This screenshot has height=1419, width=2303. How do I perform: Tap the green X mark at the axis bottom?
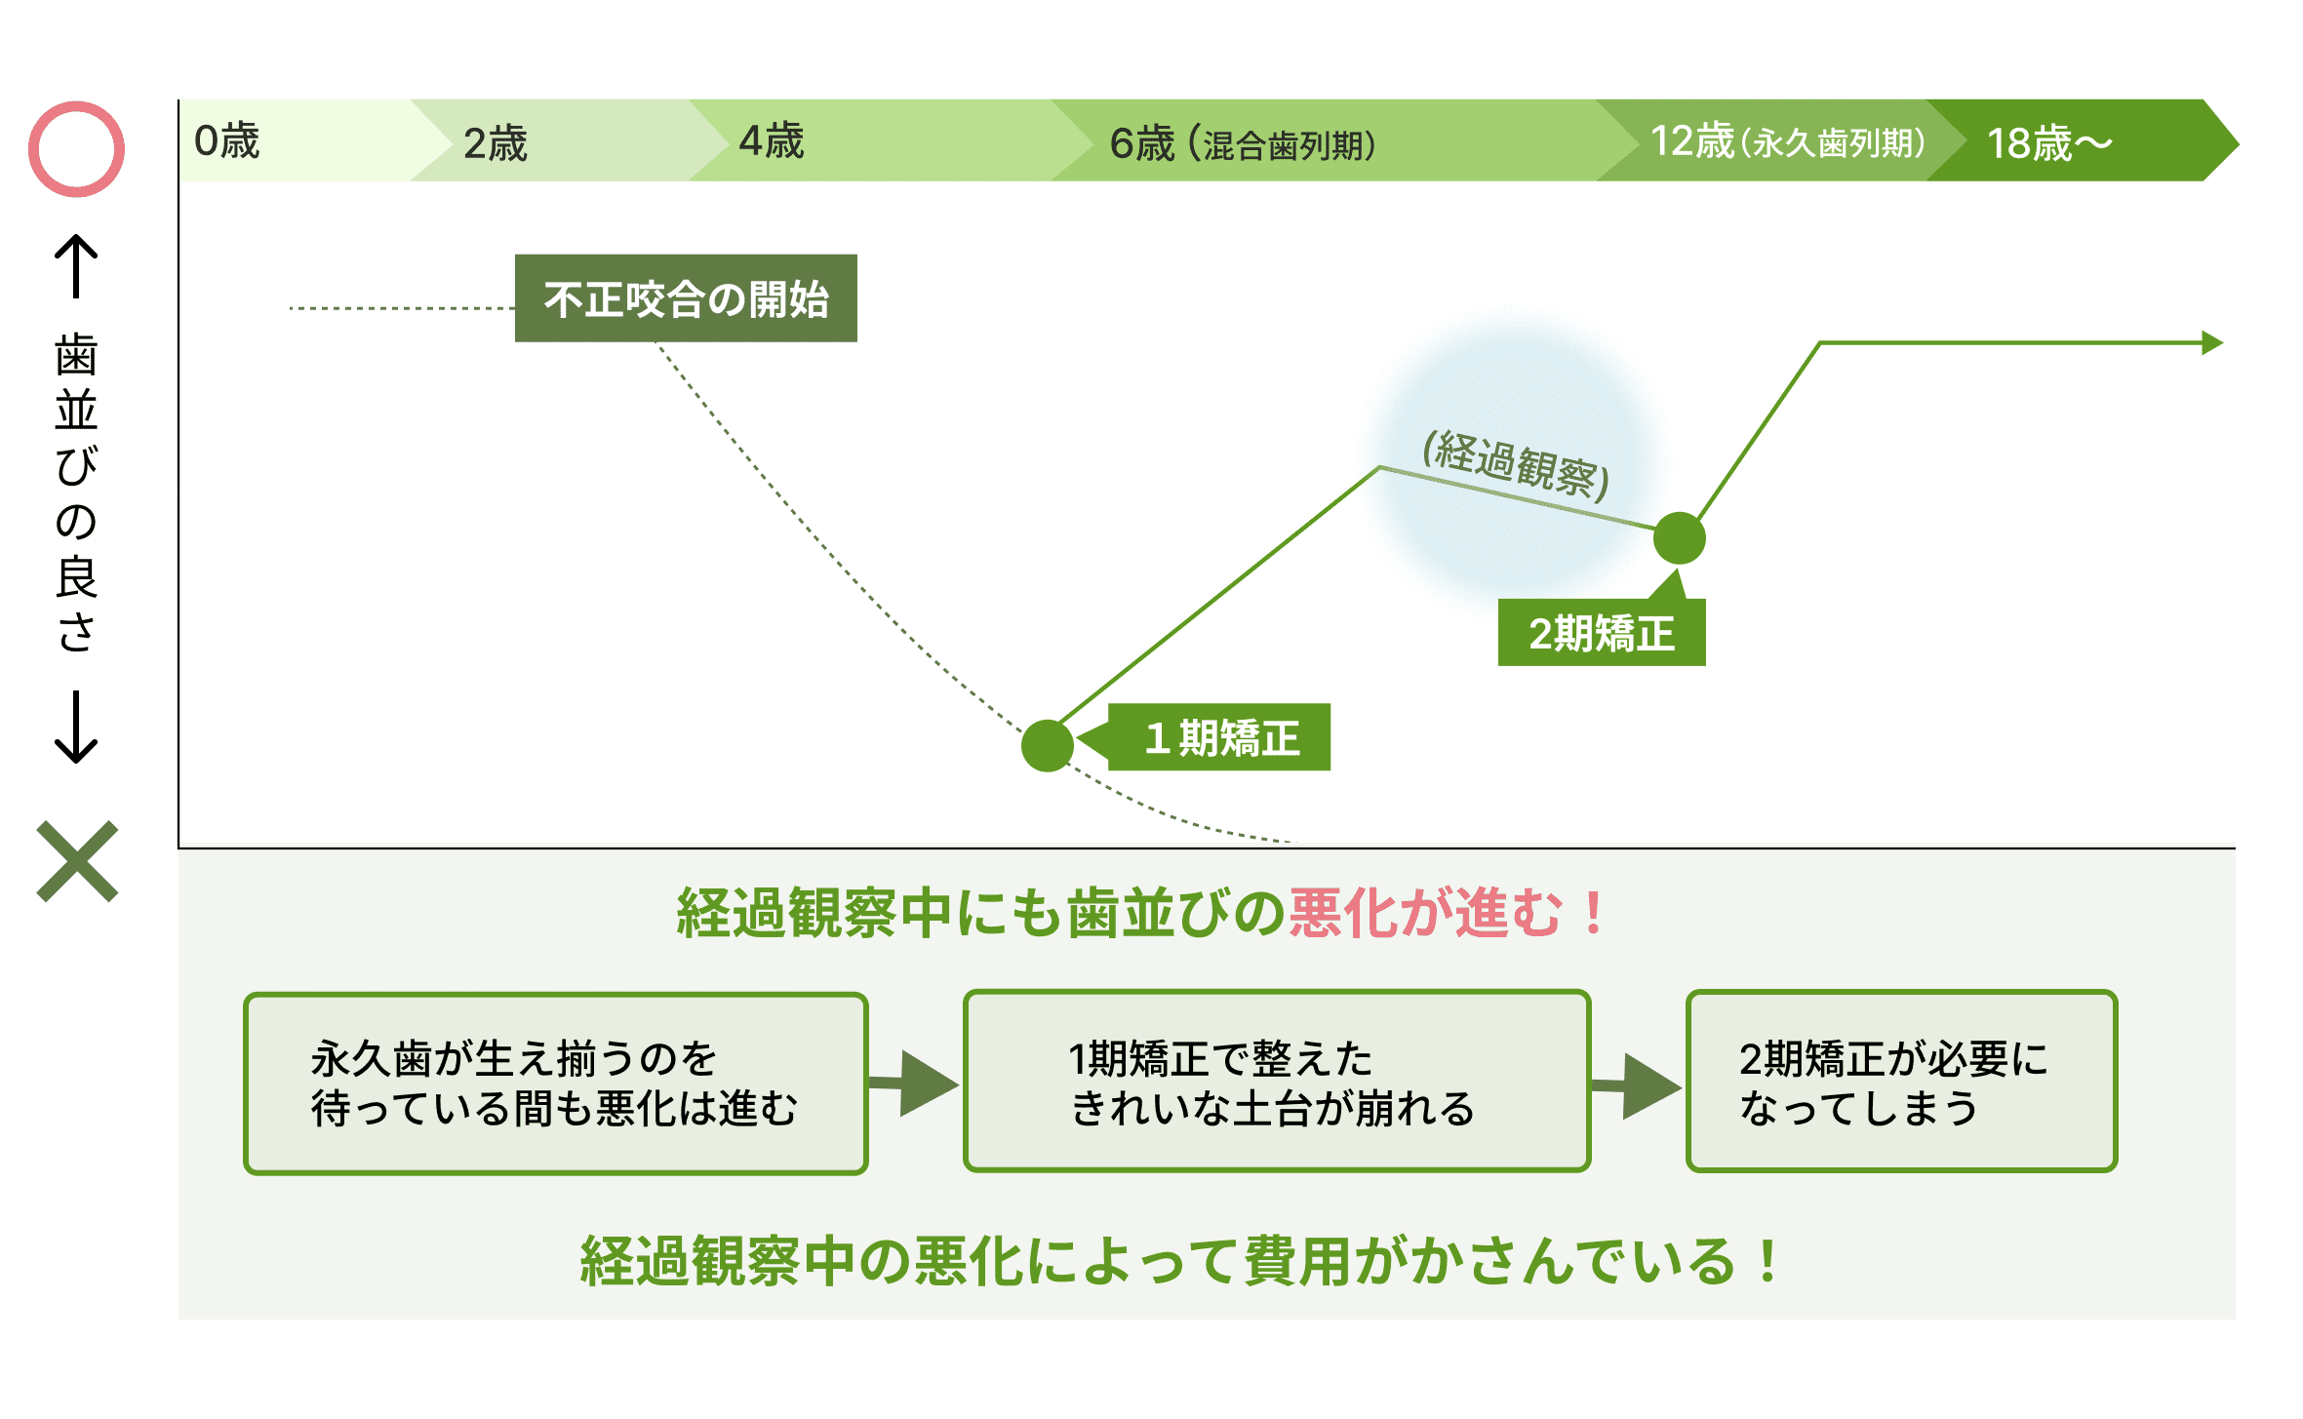77,861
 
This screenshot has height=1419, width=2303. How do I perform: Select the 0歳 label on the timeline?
227,141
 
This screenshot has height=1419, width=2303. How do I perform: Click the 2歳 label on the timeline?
496,143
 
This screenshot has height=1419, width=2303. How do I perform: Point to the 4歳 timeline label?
772,141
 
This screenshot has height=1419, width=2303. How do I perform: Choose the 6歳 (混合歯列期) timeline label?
1243,143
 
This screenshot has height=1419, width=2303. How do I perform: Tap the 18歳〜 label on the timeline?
2049,143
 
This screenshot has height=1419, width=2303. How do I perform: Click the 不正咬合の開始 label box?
686,298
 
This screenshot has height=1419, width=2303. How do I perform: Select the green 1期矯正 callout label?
1219,737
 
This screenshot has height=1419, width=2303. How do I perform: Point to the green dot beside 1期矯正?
1048,746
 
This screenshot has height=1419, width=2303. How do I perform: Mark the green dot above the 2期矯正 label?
1680,538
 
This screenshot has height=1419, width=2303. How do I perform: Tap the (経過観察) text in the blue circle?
1516,463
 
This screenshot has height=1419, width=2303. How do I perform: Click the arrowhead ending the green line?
2213,343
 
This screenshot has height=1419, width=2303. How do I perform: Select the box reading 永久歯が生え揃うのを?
556,1084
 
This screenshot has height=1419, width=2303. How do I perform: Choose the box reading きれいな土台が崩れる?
1277,1082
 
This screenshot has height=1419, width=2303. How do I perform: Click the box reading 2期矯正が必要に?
1902,1082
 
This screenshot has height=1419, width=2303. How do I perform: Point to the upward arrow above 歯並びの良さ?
76,266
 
